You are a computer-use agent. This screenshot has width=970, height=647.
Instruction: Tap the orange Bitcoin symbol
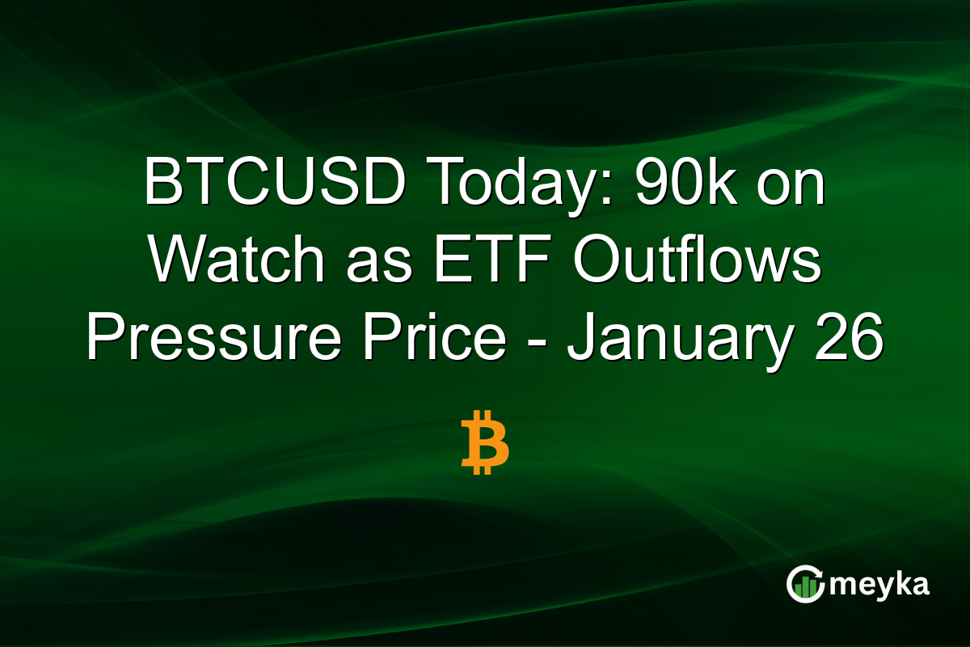click(485, 442)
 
